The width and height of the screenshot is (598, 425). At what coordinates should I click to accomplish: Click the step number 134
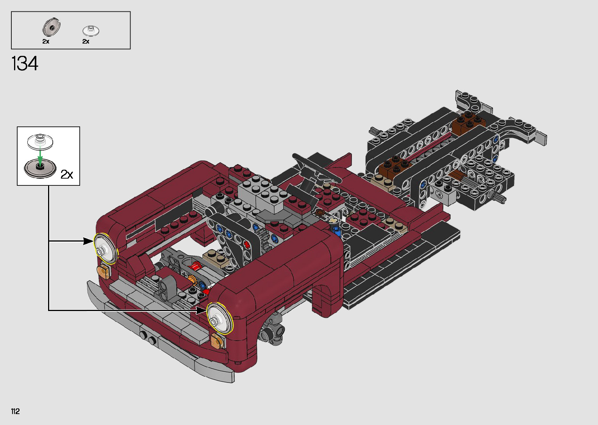(25, 64)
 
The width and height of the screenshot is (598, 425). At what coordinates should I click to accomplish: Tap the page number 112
(16, 411)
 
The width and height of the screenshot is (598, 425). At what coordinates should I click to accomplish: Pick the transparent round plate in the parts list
(91, 30)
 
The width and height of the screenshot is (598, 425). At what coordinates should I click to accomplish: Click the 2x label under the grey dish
(46, 41)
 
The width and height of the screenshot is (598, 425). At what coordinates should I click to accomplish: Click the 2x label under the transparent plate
(86, 41)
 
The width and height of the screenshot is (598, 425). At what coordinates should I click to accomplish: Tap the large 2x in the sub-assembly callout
(67, 174)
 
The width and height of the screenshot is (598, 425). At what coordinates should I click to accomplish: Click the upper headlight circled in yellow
(105, 249)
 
